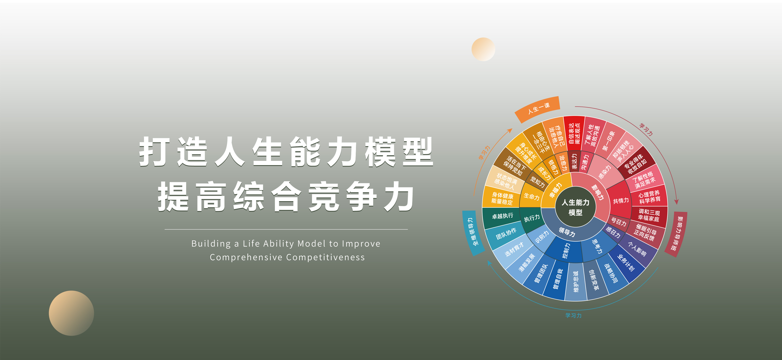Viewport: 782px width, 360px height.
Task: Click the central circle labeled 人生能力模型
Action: (575, 207)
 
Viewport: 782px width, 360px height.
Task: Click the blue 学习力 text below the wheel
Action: (573, 315)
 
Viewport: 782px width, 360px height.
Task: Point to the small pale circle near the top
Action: (483, 49)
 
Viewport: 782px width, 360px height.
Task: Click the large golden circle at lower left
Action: (71, 313)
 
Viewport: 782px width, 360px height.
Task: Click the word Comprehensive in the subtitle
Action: (246, 257)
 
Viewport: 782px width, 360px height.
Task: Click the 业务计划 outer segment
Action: (626, 262)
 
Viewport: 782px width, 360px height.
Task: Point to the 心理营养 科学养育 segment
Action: (649, 196)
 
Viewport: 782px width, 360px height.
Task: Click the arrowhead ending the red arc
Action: (676, 202)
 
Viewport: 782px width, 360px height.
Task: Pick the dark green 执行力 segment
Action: (531, 218)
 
